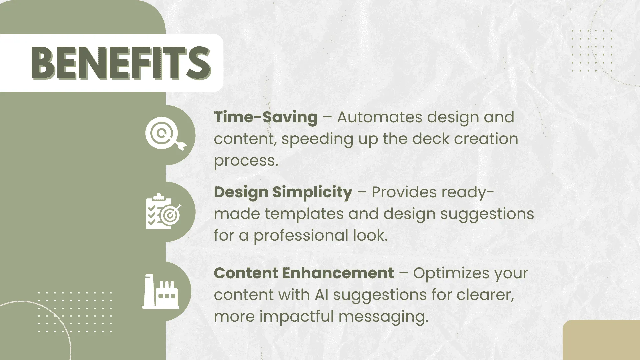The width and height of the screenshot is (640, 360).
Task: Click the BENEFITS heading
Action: pyautogui.click(x=121, y=63)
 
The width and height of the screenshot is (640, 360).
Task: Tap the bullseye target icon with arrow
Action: pyautogui.click(x=166, y=133)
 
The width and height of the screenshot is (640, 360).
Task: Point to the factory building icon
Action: pyautogui.click(x=161, y=291)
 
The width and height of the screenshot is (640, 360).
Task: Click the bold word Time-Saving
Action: pyautogui.click(x=266, y=117)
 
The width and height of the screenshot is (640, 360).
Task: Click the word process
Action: pyautogui.click(x=246, y=161)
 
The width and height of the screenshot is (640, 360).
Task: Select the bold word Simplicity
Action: pyautogui.click(x=312, y=192)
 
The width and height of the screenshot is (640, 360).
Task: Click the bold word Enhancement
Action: pyautogui.click(x=338, y=273)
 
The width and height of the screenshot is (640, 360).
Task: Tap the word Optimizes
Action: pyautogui.click(x=451, y=273)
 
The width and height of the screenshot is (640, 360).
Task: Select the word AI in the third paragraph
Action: pyautogui.click(x=322, y=295)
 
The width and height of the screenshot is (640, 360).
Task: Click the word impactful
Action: pyautogui.click(x=297, y=316)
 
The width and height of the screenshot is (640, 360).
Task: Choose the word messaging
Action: pyautogui.click(x=383, y=317)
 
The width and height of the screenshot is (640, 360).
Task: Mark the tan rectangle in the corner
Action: pyautogui.click(x=601, y=340)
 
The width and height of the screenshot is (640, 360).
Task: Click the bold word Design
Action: pyautogui.click(x=241, y=192)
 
